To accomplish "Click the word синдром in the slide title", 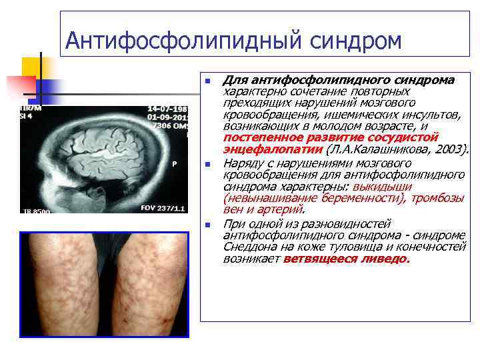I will [355, 41].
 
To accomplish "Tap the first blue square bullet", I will [208, 81].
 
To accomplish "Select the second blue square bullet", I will [208, 164].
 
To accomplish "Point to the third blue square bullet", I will [208, 225].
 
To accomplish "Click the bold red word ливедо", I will [386, 259].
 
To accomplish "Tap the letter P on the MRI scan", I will [174, 162].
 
